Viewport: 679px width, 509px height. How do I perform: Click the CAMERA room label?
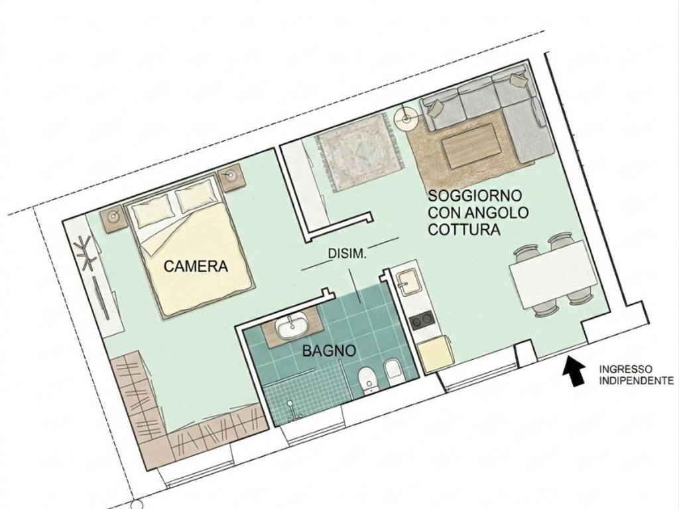pos(196,267)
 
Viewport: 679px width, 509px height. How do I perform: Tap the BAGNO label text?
pos(330,351)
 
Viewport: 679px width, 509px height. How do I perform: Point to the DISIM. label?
pos(347,253)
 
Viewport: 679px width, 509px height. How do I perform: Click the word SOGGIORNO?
pos(475,196)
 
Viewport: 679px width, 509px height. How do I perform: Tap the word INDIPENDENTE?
pos(637,381)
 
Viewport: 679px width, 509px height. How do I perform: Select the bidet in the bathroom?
pos(392,371)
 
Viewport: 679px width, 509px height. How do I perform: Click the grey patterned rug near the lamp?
pos(358,152)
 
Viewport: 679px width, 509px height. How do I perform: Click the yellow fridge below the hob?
pos(434,352)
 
